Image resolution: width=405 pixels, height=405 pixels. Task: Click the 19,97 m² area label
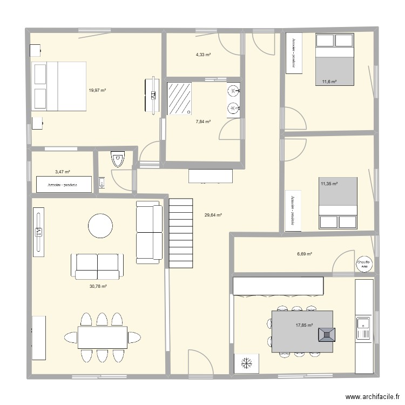click(x=97, y=91)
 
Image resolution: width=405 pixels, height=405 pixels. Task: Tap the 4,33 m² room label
click(x=203, y=55)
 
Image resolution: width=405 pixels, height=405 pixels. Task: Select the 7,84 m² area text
click(x=203, y=122)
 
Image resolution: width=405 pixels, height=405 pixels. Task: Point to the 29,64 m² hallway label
click(x=213, y=214)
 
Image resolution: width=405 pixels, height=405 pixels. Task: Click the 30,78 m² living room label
click(x=98, y=286)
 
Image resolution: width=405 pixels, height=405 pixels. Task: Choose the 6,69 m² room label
click(x=305, y=254)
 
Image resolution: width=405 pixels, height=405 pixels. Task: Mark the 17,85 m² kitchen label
click(x=304, y=325)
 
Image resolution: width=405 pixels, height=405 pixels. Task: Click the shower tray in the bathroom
click(x=180, y=98)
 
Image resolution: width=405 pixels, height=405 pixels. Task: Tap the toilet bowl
click(x=117, y=160)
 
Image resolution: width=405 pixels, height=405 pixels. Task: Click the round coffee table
click(x=100, y=226)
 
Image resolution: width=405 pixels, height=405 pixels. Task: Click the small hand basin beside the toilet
click(x=102, y=184)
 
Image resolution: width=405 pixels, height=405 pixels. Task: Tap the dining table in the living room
click(x=103, y=337)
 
